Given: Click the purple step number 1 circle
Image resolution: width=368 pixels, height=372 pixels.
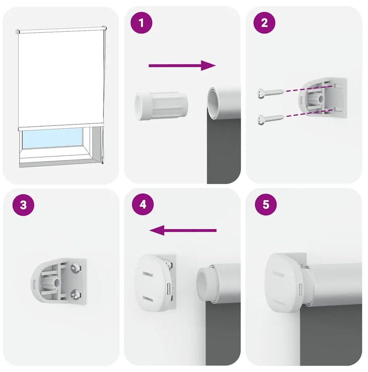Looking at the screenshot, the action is pyautogui.click(x=142, y=23).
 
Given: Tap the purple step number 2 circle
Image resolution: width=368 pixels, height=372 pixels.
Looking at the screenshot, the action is pyautogui.click(x=264, y=23).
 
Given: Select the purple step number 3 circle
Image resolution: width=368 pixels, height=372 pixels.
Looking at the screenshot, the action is pyautogui.click(x=23, y=205).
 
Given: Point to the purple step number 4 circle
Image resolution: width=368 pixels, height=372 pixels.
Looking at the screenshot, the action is pyautogui.click(x=143, y=204).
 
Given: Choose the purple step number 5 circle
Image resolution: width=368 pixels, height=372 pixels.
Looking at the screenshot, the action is pyautogui.click(x=266, y=204).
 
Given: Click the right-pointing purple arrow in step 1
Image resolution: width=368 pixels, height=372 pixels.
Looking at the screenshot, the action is pyautogui.click(x=182, y=66).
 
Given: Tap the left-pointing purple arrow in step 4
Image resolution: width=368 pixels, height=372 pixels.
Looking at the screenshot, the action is pyautogui.click(x=183, y=230).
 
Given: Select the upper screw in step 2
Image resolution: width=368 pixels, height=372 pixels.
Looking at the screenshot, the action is pyautogui.click(x=271, y=93).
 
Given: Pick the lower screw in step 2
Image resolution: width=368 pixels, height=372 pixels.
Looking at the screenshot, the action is pyautogui.click(x=271, y=119).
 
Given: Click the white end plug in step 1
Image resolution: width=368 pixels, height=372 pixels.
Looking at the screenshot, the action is pyautogui.click(x=161, y=106).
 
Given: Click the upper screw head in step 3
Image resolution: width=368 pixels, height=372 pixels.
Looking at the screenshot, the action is pyautogui.click(x=76, y=268).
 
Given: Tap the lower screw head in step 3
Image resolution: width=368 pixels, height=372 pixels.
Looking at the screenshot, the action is pyautogui.click(x=75, y=295).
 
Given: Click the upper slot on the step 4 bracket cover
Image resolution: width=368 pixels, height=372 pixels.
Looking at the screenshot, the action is pyautogui.click(x=147, y=274).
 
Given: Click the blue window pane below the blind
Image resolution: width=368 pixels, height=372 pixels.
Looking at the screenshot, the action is pyautogui.click(x=52, y=139).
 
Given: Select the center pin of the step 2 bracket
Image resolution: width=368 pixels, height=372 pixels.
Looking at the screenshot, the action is pyautogui.click(x=322, y=99).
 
